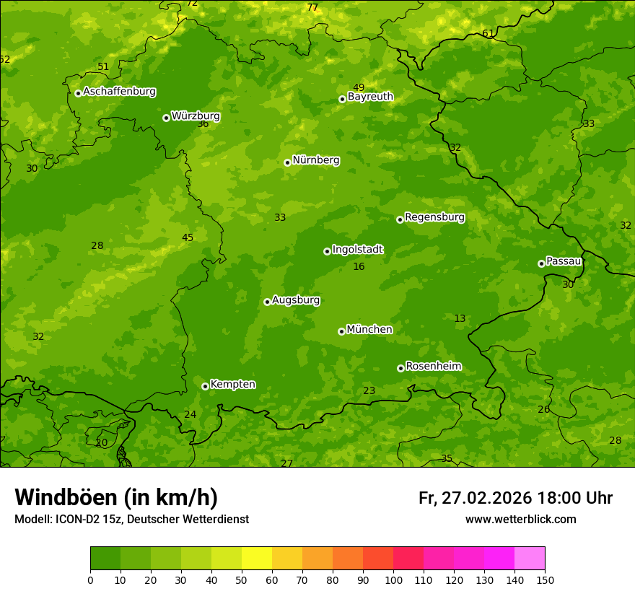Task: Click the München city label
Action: pos(369,330)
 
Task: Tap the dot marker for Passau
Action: pos(541,263)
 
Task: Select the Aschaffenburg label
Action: pos(119,92)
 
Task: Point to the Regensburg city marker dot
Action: pos(400,219)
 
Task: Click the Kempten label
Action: pos(232,385)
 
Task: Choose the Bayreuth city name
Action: pos(370,97)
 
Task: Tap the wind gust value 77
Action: pos(312,8)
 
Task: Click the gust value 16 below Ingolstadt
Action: pos(359,267)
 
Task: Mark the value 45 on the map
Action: pos(188,238)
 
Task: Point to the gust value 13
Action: pos(460,319)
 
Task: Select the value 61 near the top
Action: pos(489,34)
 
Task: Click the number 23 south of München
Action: pos(369,391)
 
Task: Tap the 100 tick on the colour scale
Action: pos(393,580)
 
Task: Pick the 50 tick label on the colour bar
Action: pos(242,580)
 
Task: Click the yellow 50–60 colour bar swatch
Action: pos(257,559)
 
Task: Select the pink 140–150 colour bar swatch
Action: pos(530,559)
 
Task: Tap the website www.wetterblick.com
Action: pos(520,520)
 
